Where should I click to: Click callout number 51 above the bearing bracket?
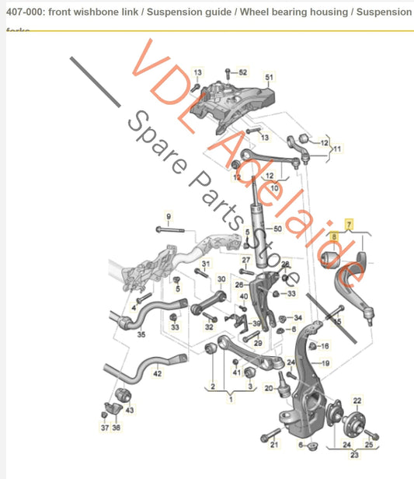tap(270, 78)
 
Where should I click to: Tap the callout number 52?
tap(242, 72)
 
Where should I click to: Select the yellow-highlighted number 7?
tap(349, 223)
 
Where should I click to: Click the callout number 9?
tap(168, 215)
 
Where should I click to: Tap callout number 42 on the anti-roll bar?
tap(157, 374)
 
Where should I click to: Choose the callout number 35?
tap(141, 335)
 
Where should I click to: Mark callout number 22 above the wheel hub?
tap(357, 400)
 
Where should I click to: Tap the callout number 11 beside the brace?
tap(338, 148)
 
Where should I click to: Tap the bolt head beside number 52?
tap(227, 72)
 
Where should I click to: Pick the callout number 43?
tap(130, 410)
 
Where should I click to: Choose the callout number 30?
tap(221, 279)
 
